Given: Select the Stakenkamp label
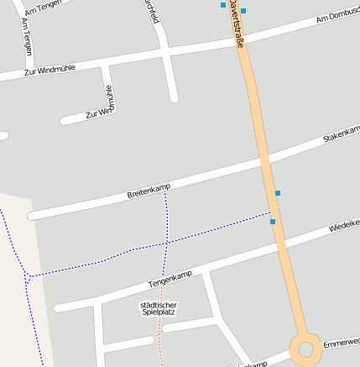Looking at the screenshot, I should pos(342,134).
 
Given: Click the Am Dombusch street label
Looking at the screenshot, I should pos(338,16).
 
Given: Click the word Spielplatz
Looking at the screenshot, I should pos(158,312).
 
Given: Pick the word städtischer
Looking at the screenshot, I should pos(158,303).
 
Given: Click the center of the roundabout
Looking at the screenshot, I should pos(305,348).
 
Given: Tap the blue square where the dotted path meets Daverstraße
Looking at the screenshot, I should pos(273,222).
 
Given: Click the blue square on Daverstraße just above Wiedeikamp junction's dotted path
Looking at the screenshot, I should pos(278,193).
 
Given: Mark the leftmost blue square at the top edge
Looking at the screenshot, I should pos(223,5).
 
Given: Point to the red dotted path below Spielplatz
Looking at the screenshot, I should pos(159,340).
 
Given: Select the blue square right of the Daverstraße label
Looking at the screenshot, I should pos(243,11).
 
